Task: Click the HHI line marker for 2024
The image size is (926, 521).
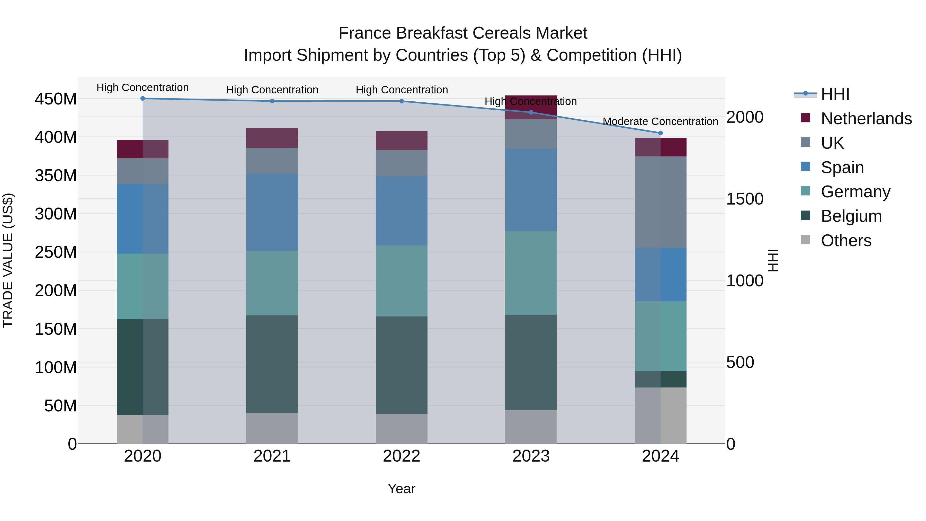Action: click(x=660, y=133)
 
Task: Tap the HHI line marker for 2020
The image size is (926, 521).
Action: click(x=143, y=99)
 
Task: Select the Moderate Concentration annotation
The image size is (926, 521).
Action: click(x=660, y=121)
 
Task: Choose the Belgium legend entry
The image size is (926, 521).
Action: click(x=851, y=216)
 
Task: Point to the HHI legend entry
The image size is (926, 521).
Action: click(x=835, y=94)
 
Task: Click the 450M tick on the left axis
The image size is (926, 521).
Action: click(x=56, y=99)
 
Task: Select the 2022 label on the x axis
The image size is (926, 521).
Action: click(x=402, y=456)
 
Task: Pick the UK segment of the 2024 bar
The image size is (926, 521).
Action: click(x=660, y=202)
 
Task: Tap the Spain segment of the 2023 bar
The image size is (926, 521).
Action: click(x=531, y=190)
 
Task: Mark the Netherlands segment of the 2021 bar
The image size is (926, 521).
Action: click(x=272, y=138)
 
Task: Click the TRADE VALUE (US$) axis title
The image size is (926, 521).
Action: click(x=8, y=260)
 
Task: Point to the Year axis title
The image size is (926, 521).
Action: click(x=401, y=489)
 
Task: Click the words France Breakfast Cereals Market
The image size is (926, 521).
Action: click(x=463, y=33)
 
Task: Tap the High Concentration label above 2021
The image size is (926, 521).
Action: click(x=272, y=90)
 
